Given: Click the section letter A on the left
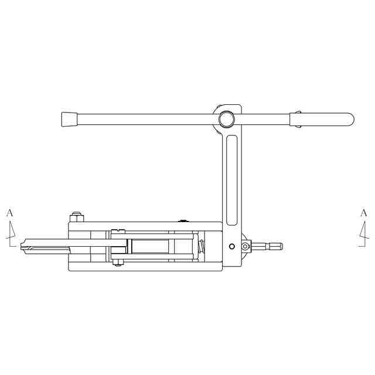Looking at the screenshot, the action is pyautogui.click(x=9, y=213).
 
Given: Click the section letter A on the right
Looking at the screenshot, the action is pyautogui.click(x=363, y=213).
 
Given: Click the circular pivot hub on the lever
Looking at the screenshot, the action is pyautogui.click(x=227, y=119).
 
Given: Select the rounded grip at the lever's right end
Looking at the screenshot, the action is pyautogui.click(x=322, y=119).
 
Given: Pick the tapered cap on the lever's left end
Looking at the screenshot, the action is pyautogui.click(x=69, y=119).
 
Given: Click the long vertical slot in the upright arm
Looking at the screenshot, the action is pyautogui.click(x=231, y=180).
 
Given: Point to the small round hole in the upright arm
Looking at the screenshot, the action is pyautogui.click(x=232, y=246).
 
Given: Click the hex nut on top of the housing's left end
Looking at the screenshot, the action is pyautogui.click(x=77, y=217).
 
